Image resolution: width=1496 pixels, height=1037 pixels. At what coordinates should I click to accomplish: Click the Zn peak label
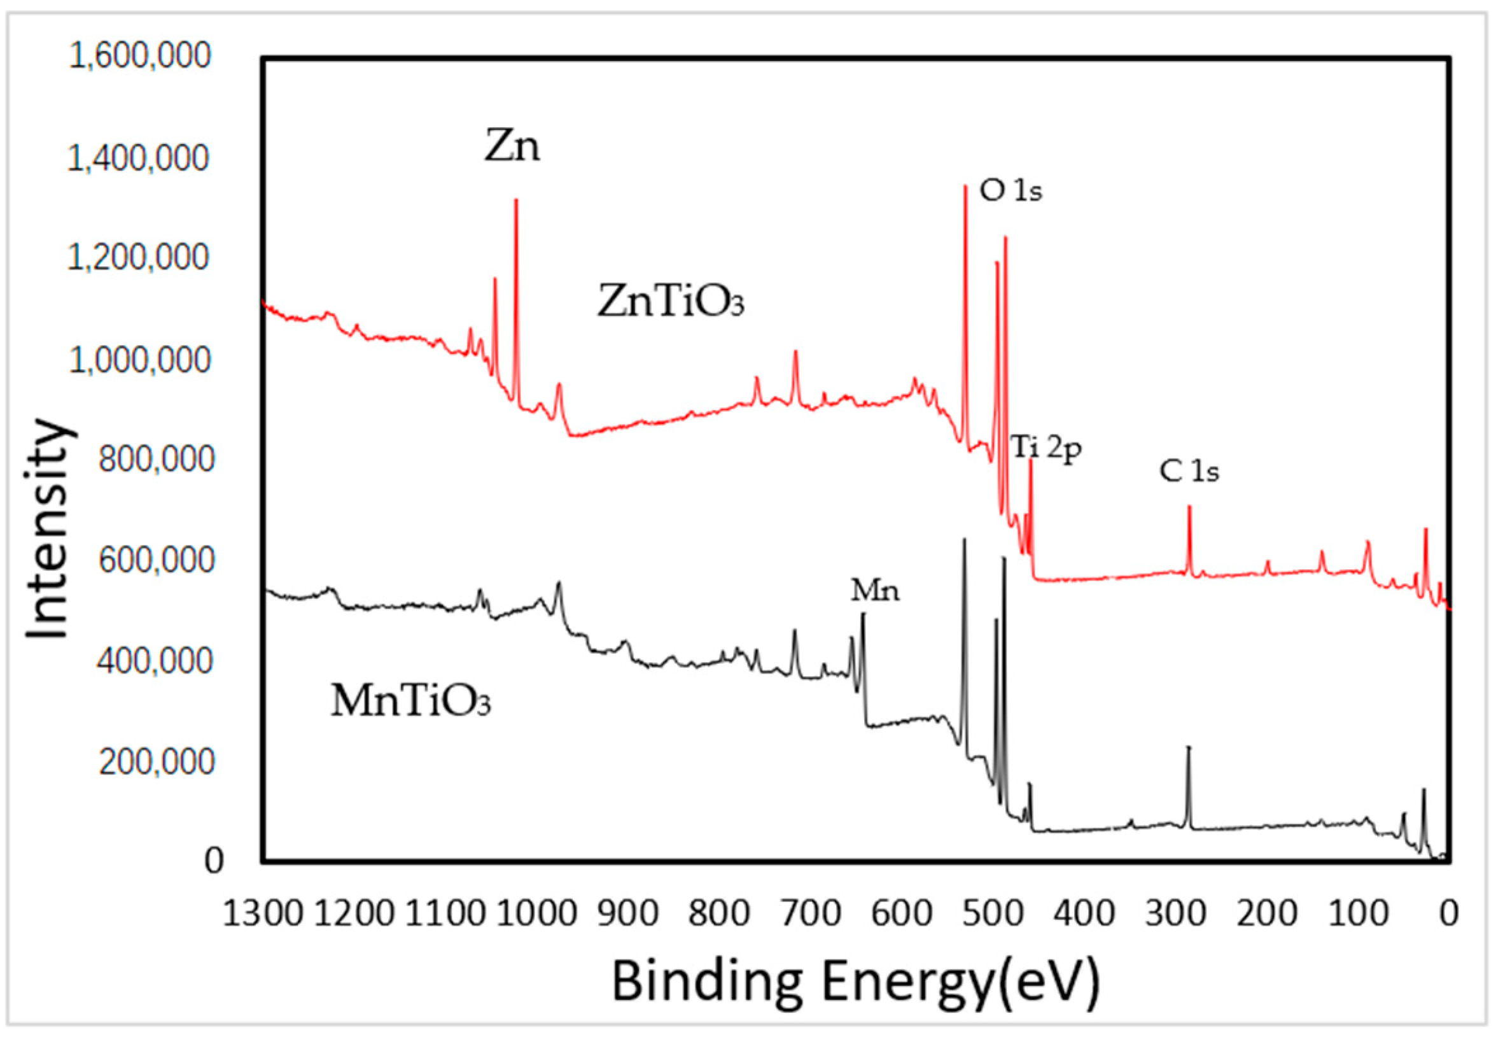tap(512, 147)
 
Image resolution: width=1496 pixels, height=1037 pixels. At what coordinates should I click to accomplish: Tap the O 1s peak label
tap(1010, 192)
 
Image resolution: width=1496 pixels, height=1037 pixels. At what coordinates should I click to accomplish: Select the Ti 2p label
tap(1046, 448)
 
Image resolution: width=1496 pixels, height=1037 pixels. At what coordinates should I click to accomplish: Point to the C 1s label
tap(1189, 472)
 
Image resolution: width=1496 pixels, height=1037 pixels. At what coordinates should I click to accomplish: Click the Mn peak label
tap(875, 591)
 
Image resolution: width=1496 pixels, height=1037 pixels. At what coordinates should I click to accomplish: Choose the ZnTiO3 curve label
tap(670, 303)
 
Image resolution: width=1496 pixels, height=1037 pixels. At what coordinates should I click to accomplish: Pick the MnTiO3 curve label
tap(410, 702)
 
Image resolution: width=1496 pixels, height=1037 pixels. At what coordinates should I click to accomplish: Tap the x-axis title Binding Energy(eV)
tap(856, 981)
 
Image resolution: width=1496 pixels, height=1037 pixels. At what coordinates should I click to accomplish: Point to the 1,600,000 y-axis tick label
tap(139, 56)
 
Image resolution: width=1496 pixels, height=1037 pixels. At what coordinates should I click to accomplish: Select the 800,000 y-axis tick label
tap(156, 459)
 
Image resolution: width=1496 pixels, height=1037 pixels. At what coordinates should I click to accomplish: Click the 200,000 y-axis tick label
tap(156, 761)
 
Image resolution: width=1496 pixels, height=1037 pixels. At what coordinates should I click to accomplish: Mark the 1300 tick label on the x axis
tap(262, 914)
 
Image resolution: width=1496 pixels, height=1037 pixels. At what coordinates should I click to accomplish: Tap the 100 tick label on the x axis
tap(1358, 914)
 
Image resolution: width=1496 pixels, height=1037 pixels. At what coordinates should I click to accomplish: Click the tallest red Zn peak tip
tap(516, 200)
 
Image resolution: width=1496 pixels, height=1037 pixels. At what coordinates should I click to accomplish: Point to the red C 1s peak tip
tap(1189, 507)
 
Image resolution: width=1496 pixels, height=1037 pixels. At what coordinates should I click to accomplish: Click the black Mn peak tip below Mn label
tap(863, 614)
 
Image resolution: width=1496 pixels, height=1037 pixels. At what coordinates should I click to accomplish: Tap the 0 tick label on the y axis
tap(214, 861)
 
